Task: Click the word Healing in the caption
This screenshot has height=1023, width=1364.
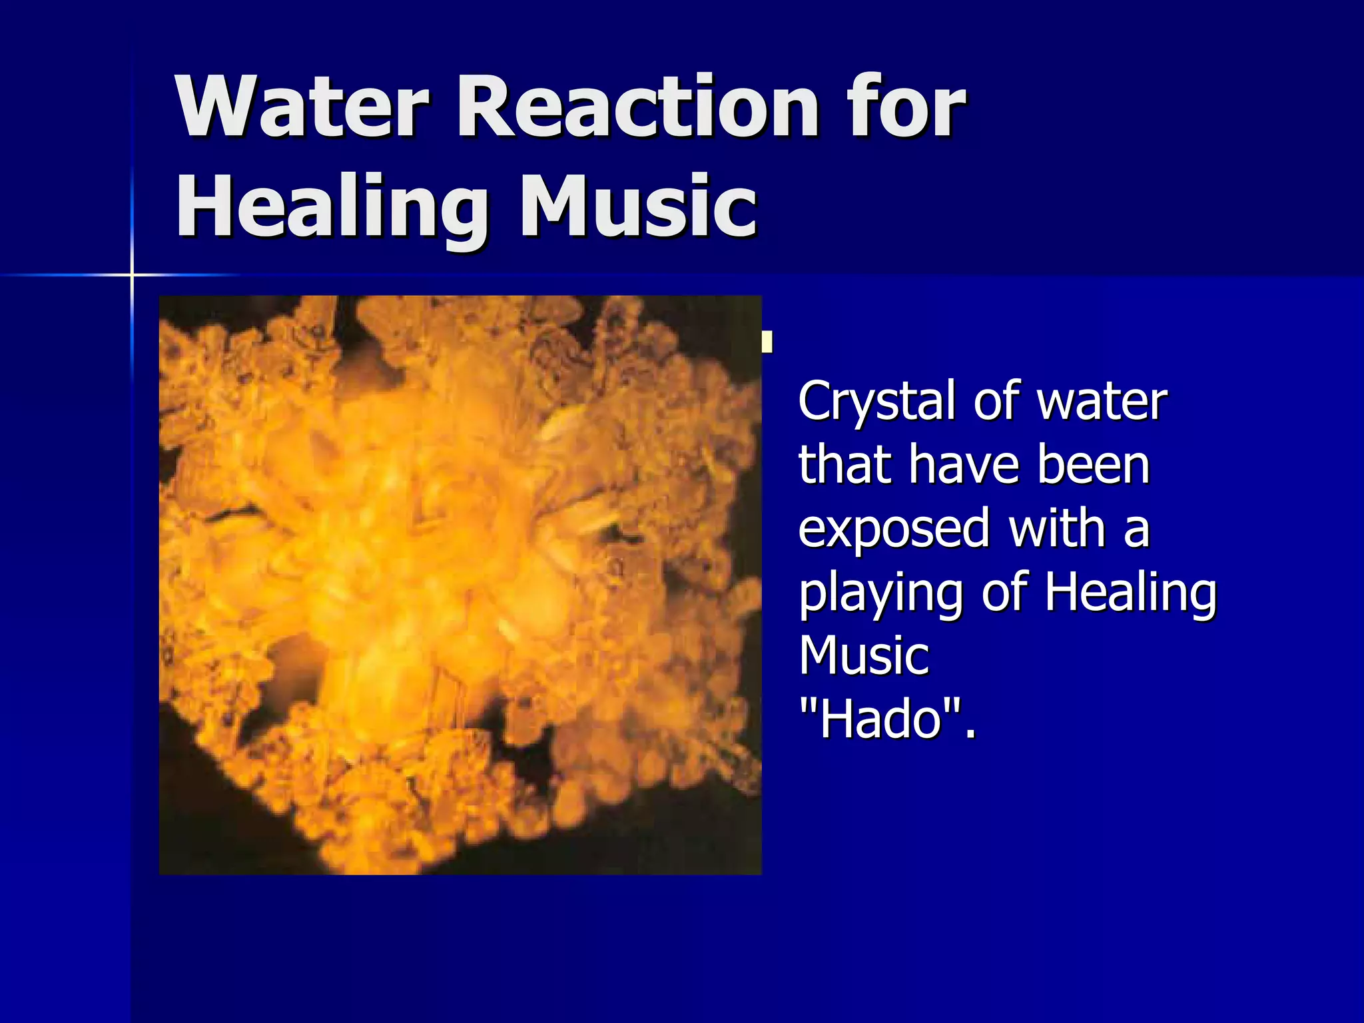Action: tap(1130, 593)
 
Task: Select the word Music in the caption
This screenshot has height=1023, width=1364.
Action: tap(864, 655)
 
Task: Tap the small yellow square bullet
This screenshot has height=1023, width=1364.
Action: tap(767, 342)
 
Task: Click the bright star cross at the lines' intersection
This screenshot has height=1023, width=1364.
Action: tap(132, 274)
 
